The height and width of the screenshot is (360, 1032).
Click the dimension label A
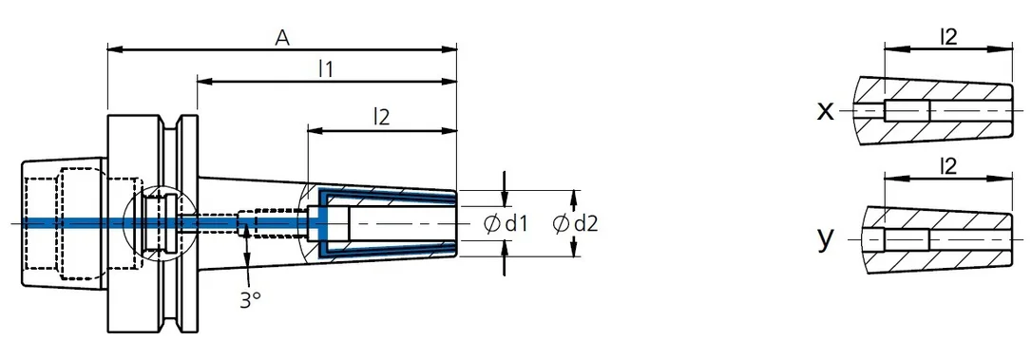282,38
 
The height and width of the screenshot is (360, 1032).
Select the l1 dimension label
325,68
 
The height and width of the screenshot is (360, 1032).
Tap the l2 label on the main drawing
381,117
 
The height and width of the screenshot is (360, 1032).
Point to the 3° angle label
250,300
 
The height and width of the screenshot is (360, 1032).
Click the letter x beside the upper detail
825,112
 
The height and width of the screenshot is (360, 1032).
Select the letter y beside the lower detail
826,239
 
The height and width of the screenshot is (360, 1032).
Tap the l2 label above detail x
947,37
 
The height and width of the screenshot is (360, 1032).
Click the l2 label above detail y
947,166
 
